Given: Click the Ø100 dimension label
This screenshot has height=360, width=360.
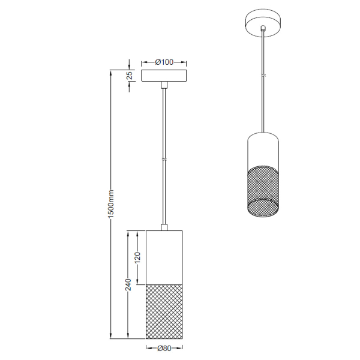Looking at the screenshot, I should [164, 62].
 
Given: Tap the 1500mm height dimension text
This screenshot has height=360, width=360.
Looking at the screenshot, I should [110, 204].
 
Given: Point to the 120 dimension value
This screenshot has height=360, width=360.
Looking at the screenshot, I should [137, 258].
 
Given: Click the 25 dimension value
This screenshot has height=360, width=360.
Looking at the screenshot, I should [129, 76].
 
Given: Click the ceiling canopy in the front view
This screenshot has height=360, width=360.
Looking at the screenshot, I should [164, 76].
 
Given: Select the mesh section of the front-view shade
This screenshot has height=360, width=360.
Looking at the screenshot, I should [163, 311].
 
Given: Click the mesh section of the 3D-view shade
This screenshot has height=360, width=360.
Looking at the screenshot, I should [263, 191].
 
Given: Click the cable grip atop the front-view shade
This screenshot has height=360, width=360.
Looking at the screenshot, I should [163, 227].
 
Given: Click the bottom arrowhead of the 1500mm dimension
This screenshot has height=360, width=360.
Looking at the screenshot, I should [110, 335].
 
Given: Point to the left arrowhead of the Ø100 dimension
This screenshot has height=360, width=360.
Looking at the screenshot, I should [143, 62].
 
